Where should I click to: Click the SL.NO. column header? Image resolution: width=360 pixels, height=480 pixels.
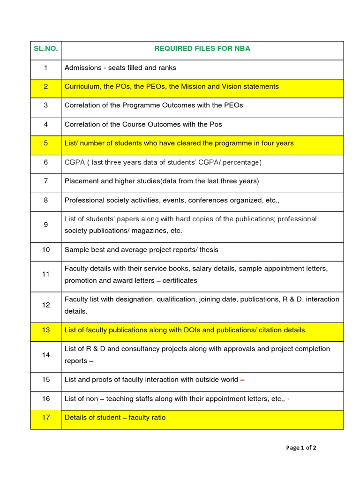coord(45,49)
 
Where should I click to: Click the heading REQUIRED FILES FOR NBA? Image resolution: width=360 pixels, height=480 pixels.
coord(202,49)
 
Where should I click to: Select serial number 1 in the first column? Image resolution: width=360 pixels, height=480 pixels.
coord(45,67)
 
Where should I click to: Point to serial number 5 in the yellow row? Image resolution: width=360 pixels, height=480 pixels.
coord(45,143)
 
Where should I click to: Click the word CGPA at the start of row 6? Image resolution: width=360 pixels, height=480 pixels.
coord(75,162)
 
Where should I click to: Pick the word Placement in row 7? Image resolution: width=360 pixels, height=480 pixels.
coord(81,181)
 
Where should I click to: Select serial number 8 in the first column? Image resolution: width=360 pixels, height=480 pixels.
coord(45,200)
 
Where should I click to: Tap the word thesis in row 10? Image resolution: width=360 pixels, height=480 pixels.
coord(209,250)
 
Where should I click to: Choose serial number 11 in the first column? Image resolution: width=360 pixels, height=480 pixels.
coord(45,274)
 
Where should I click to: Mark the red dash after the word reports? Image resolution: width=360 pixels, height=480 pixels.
coord(91,361)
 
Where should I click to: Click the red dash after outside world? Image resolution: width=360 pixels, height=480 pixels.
coord(242,380)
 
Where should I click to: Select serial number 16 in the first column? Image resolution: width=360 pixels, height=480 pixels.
coord(45,398)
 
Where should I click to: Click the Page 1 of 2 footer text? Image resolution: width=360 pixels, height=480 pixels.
coord(301,448)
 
